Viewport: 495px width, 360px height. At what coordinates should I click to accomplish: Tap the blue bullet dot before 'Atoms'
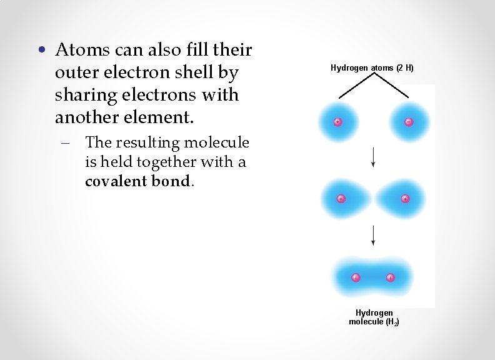(41, 49)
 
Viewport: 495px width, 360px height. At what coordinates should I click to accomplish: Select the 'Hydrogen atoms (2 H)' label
(372, 67)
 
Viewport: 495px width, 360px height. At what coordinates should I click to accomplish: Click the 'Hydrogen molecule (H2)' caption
(374, 317)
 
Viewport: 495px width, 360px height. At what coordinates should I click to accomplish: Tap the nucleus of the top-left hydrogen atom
(337, 122)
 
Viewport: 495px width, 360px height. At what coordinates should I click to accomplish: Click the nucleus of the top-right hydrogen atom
(409, 122)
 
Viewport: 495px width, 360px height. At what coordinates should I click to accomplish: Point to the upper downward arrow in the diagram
(373, 156)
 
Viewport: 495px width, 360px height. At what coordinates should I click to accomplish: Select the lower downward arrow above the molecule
(373, 234)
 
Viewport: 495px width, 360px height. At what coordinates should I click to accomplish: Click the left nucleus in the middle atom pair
(341, 199)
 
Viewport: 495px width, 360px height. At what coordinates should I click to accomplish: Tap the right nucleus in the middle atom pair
(405, 199)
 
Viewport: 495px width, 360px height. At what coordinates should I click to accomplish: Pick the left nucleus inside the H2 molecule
(356, 277)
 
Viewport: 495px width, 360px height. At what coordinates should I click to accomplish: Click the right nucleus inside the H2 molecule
(390, 277)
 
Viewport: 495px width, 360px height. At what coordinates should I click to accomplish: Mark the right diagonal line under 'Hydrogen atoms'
(392, 86)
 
